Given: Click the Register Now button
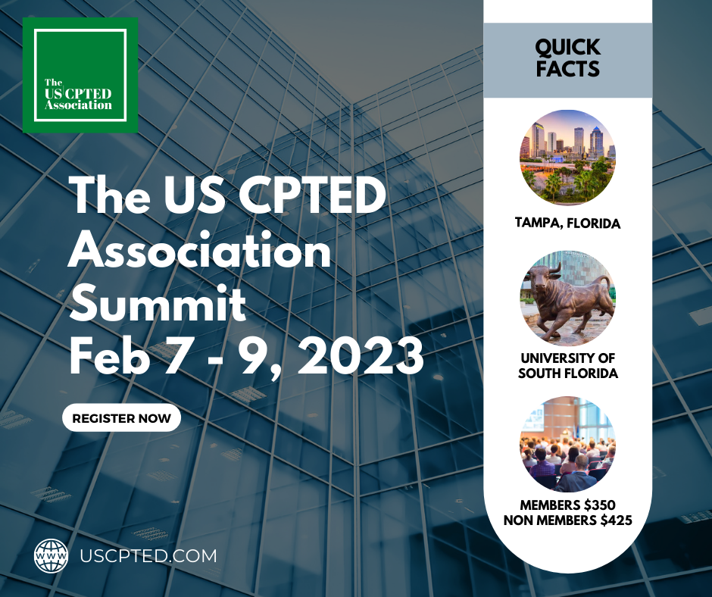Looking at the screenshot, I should pyautogui.click(x=121, y=417).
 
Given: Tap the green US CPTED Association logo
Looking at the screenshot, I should pyautogui.click(x=80, y=75).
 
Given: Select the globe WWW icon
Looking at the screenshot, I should pyautogui.click(x=52, y=555).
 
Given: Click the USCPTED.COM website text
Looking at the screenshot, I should pyautogui.click(x=148, y=555).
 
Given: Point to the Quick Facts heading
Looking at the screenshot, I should pyautogui.click(x=567, y=58).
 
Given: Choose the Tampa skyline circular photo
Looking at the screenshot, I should pyautogui.click(x=567, y=158).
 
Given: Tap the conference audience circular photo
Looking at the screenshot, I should pyautogui.click(x=567, y=444).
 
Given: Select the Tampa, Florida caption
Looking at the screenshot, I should pyautogui.click(x=567, y=223).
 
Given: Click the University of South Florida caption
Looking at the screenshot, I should pyautogui.click(x=567, y=366).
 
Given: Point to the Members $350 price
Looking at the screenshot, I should pyautogui.click(x=567, y=505).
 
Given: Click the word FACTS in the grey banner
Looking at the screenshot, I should pyautogui.click(x=567, y=69).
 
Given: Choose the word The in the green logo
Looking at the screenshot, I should pyautogui.click(x=53, y=82).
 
